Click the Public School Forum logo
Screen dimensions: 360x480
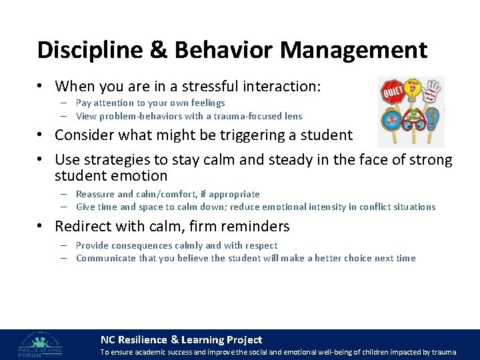click(41, 343)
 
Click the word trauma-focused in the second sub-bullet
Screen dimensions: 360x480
click(239, 116)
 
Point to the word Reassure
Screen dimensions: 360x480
click(95, 194)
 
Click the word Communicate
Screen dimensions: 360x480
click(106, 258)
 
